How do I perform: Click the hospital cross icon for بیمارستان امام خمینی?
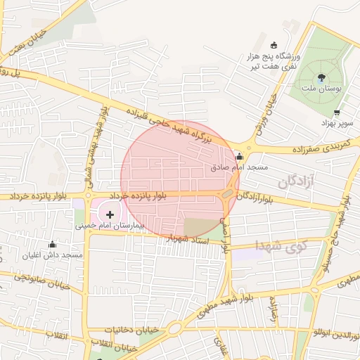click(x=110, y=213)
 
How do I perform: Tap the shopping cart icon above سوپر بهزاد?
click(x=337, y=112)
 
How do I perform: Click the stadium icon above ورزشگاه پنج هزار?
click(x=274, y=45)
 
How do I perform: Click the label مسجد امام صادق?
click(x=240, y=167)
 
